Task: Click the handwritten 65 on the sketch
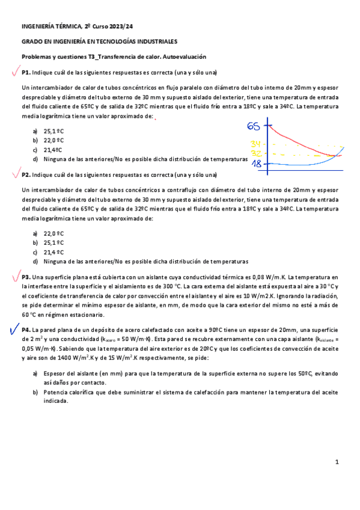pyautogui.click(x=253, y=126)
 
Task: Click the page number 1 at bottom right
pyautogui.click(x=337, y=462)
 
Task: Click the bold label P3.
pyautogui.click(x=26, y=277)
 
